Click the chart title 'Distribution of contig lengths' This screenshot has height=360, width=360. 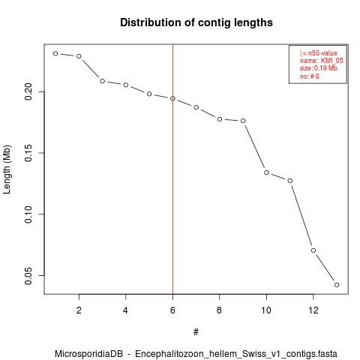(x=196, y=22)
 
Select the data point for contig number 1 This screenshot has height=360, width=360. (x=55, y=53)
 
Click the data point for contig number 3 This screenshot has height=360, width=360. (x=102, y=81)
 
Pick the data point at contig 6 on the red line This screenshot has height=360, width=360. (x=172, y=98)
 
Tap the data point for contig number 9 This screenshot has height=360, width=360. (x=243, y=121)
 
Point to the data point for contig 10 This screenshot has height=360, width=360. (x=266, y=172)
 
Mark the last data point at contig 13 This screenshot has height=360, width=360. (x=337, y=285)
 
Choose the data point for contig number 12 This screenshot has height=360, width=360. (x=313, y=250)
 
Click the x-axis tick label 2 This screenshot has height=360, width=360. (x=79, y=310)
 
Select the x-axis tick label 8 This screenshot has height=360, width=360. (x=220, y=310)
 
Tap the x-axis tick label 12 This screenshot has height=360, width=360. (x=313, y=310)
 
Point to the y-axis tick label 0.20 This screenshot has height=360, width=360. (x=28, y=91)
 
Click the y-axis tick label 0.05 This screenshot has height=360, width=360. (x=28, y=276)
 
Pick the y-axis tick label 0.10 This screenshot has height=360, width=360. (x=28, y=214)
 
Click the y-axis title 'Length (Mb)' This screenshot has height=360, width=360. (x=7, y=169)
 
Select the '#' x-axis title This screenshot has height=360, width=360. (x=196, y=332)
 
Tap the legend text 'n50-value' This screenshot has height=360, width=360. (x=322, y=53)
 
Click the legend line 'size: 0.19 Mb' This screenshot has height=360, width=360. (x=319, y=68)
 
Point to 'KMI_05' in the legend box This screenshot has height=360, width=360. (x=332, y=61)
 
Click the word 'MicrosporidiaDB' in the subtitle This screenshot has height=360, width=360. (x=89, y=354)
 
